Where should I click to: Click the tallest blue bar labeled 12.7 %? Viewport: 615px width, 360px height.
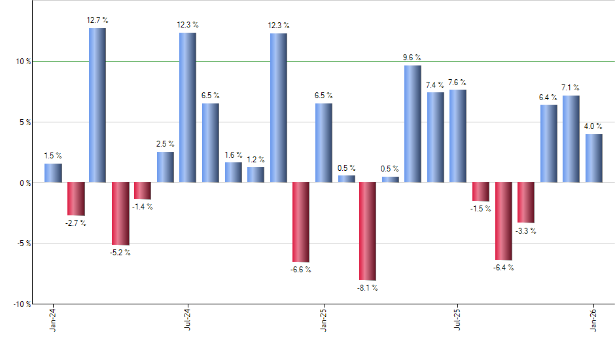[x=97, y=105]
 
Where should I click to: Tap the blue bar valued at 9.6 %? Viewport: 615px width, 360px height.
[x=413, y=124]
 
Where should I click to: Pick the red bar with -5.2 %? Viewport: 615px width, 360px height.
[x=120, y=213]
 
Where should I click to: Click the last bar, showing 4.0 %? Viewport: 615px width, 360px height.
[x=594, y=158]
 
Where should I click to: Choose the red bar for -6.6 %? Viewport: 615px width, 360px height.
[x=301, y=222]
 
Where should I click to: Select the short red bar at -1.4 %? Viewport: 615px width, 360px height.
[x=143, y=190]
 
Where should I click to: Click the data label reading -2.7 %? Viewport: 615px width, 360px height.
[x=76, y=223]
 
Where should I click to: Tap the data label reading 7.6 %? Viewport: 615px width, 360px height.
[x=458, y=82]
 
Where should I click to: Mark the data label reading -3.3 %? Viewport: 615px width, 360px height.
[x=527, y=231]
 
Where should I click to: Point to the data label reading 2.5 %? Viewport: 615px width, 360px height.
[x=166, y=144]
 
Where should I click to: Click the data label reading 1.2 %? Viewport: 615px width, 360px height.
[x=256, y=159]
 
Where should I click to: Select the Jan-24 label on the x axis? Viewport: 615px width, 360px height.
[x=52, y=321]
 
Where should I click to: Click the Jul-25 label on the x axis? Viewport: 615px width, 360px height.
[x=458, y=321]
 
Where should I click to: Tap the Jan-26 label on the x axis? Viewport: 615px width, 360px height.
[x=594, y=321]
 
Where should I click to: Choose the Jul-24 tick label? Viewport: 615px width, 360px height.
[x=188, y=321]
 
